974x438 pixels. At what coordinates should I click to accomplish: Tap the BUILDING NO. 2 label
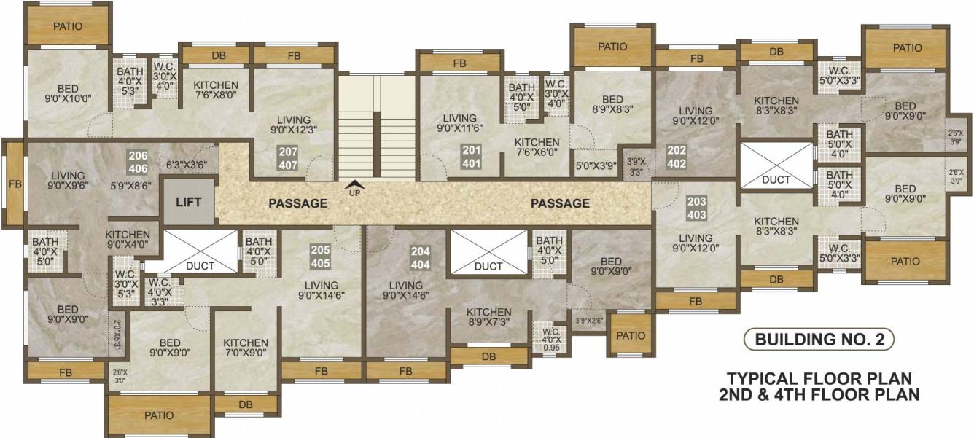[x=819, y=339]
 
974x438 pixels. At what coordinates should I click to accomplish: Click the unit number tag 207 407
[x=287, y=158]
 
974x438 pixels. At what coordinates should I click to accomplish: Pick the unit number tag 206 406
[x=139, y=163]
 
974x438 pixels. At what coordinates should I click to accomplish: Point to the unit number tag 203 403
[x=696, y=208]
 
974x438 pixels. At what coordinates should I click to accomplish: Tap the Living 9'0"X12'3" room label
[x=294, y=125]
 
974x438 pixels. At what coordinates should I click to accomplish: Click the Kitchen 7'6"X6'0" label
[x=537, y=148]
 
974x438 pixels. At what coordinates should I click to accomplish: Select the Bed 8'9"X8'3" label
[x=612, y=105]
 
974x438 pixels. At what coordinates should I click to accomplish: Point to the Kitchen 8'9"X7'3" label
[x=489, y=317]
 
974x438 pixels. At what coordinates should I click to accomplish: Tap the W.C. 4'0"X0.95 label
[x=551, y=338]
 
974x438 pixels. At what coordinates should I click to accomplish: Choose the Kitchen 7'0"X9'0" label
[x=246, y=348]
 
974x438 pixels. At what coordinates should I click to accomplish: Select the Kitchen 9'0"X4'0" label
[x=128, y=240]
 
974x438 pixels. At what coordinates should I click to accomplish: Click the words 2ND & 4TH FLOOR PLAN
[x=819, y=395]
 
